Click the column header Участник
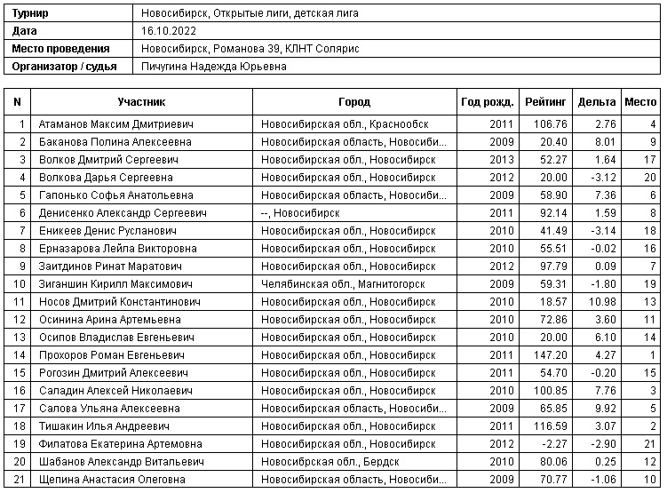point(141,102)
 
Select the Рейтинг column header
point(544,102)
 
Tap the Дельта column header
point(596,102)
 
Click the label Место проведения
point(61,49)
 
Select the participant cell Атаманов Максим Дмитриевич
point(115,124)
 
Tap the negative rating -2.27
point(553,444)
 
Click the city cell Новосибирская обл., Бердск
point(330,462)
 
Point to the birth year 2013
point(502,160)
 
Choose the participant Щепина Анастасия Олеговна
point(112,480)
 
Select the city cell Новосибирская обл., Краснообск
point(332,124)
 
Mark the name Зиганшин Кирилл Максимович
point(115,284)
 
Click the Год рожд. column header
point(485,102)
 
